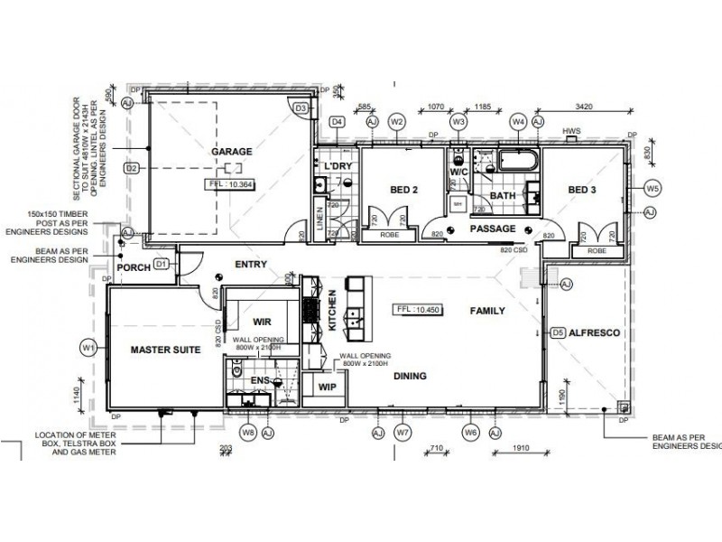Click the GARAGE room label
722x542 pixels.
[231, 152]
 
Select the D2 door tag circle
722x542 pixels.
[131, 168]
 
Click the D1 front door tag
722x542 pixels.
[162, 264]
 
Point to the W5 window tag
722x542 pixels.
[653, 188]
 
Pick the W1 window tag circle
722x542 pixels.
[88, 346]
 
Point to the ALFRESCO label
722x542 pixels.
[593, 332]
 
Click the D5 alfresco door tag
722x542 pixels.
[559, 332]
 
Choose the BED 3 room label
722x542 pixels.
[583, 190]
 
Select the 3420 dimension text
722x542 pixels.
[585, 107]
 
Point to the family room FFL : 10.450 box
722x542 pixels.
[421, 310]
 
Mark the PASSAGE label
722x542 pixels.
[493, 230]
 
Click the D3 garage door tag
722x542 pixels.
[302, 108]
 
